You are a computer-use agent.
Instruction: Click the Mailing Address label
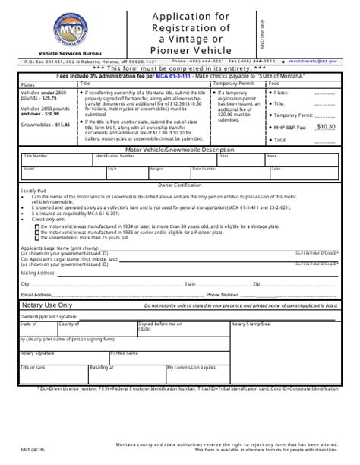tap(38, 270)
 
